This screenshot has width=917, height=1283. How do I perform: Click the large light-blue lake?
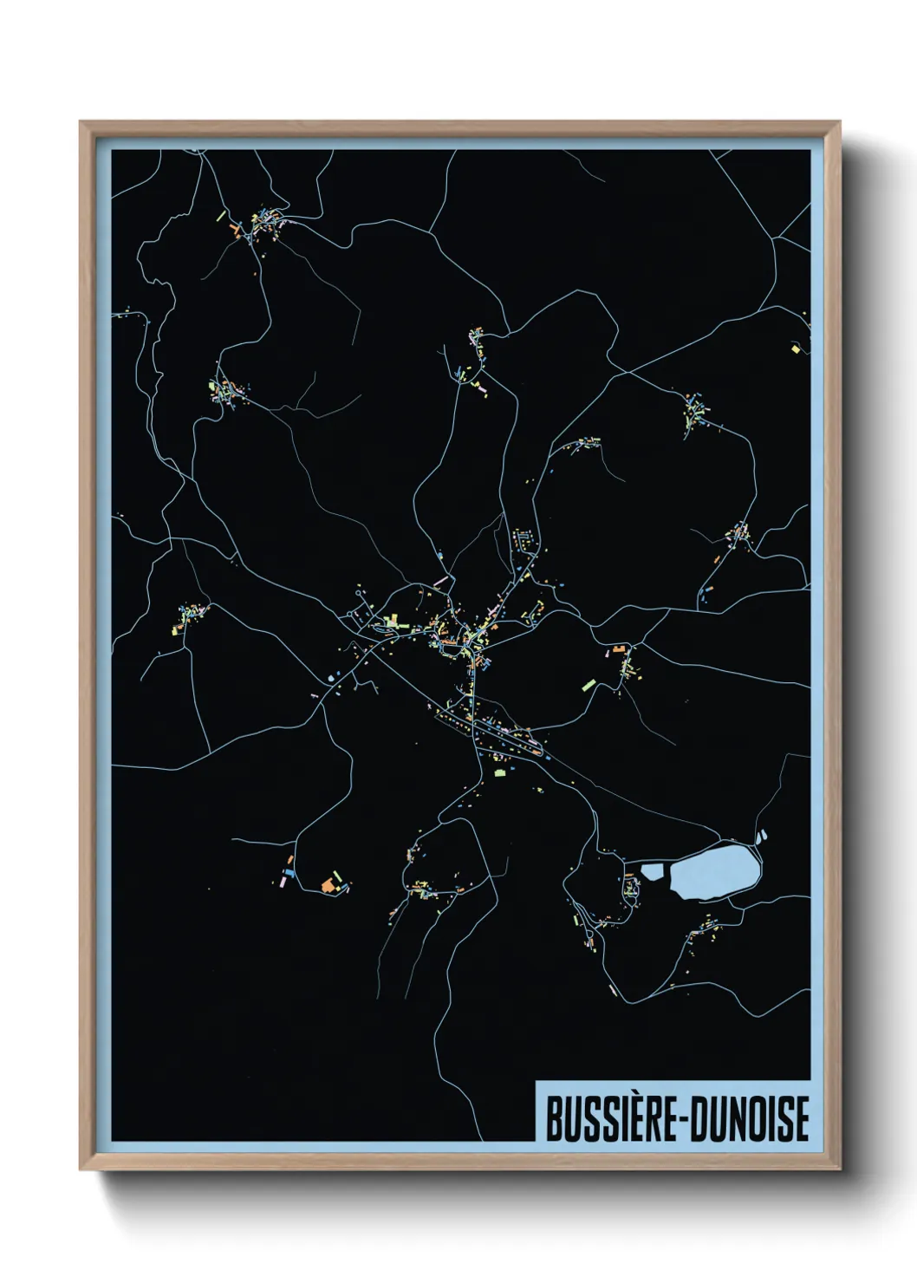(x=716, y=873)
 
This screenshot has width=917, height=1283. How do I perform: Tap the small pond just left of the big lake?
(x=651, y=871)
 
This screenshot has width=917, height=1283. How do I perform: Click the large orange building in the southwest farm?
(x=328, y=885)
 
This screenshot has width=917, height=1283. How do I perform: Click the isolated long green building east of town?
(x=589, y=686)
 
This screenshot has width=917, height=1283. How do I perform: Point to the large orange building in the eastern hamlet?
(x=618, y=648)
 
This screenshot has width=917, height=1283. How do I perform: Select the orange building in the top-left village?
(x=234, y=230)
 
